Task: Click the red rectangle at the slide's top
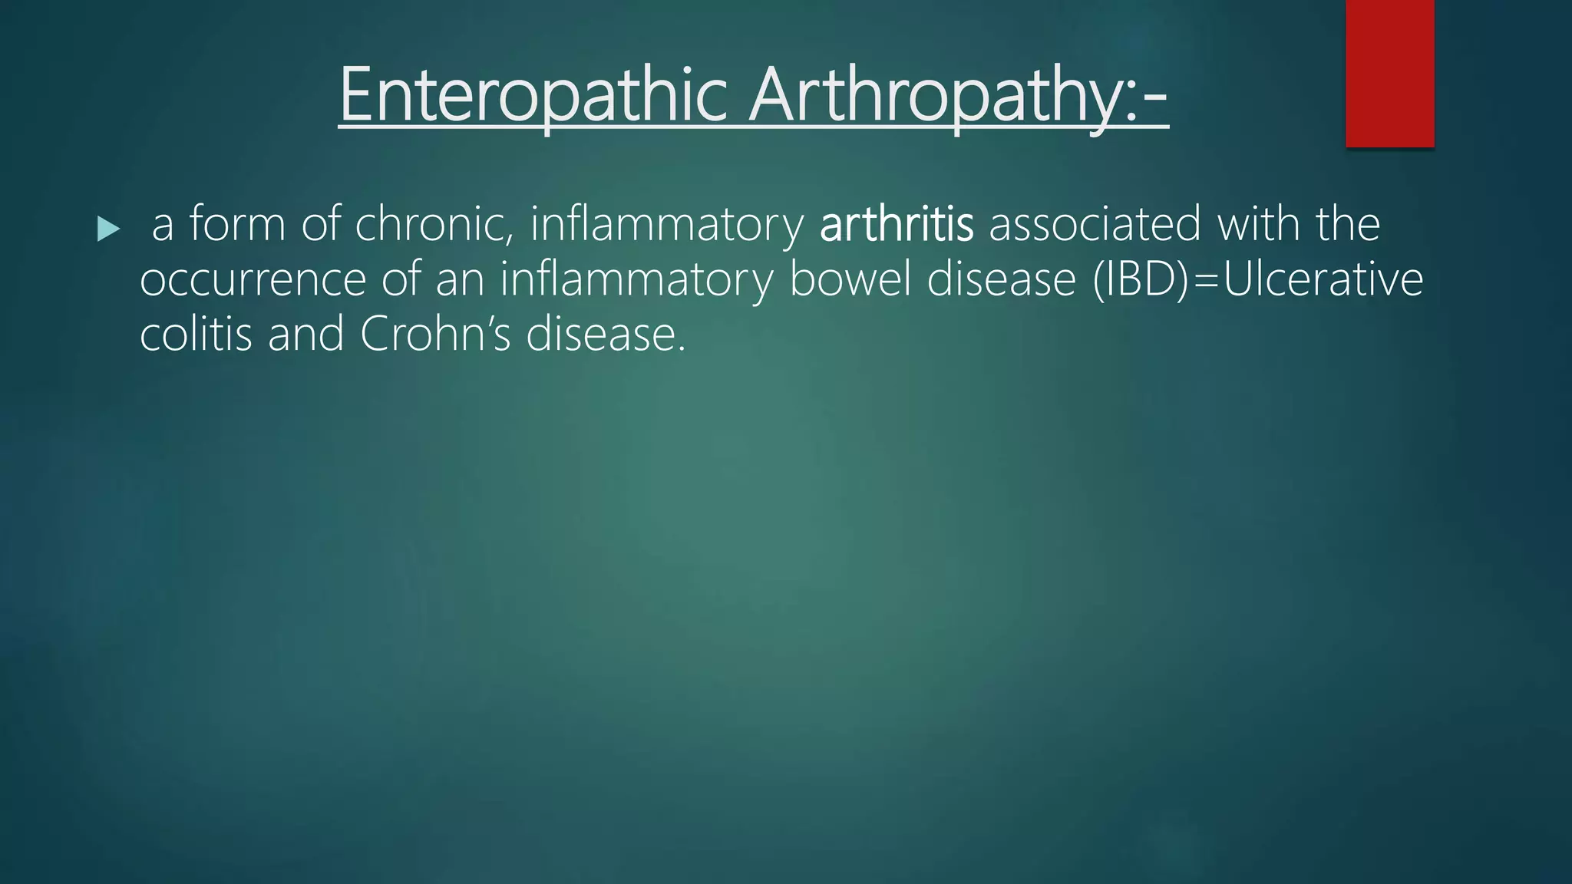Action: point(1389,73)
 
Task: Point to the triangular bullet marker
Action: point(108,229)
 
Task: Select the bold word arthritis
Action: point(897,225)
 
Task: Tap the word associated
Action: point(1095,225)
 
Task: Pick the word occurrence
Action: point(253,280)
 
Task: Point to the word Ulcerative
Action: point(1323,280)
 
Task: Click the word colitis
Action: point(196,335)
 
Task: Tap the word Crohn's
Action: point(435,335)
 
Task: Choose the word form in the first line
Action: point(237,225)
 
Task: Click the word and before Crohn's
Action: point(305,335)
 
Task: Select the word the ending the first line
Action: point(1348,225)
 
